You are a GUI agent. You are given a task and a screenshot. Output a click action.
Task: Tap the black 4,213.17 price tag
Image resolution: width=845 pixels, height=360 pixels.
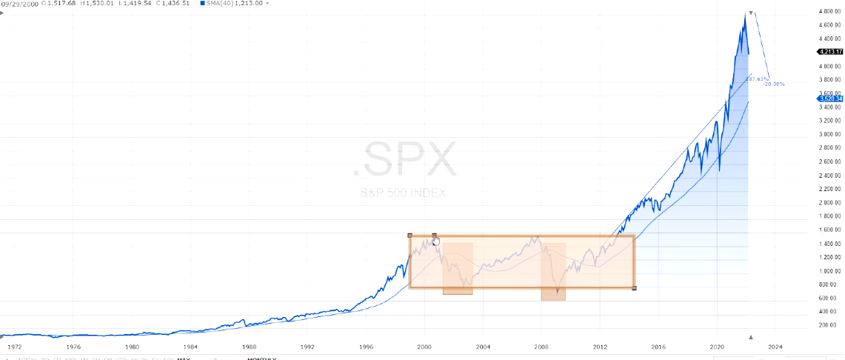[x=829, y=52]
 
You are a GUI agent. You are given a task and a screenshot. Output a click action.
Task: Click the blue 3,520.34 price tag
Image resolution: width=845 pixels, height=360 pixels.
[x=829, y=99]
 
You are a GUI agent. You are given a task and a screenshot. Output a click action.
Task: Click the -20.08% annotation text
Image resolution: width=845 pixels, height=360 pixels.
[x=774, y=84]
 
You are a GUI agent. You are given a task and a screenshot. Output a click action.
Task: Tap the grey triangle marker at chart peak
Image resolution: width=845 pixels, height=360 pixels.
[x=752, y=13]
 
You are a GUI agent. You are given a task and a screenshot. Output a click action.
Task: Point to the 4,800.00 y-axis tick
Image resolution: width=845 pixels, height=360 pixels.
[x=831, y=12]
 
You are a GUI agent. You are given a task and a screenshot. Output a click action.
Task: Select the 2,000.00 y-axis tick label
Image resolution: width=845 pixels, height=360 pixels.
[x=831, y=203]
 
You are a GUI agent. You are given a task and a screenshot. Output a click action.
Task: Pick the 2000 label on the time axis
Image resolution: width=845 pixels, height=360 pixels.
[x=424, y=346]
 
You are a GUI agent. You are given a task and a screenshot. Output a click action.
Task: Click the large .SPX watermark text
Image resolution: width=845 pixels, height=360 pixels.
[x=404, y=159]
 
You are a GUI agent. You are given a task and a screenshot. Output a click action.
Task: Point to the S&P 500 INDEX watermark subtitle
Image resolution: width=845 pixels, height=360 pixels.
[x=403, y=193]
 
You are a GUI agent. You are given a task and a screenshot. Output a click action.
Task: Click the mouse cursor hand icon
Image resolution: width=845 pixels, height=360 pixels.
[x=437, y=241]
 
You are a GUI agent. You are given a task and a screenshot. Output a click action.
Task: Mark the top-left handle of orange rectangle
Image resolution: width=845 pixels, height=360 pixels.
[x=410, y=236]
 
